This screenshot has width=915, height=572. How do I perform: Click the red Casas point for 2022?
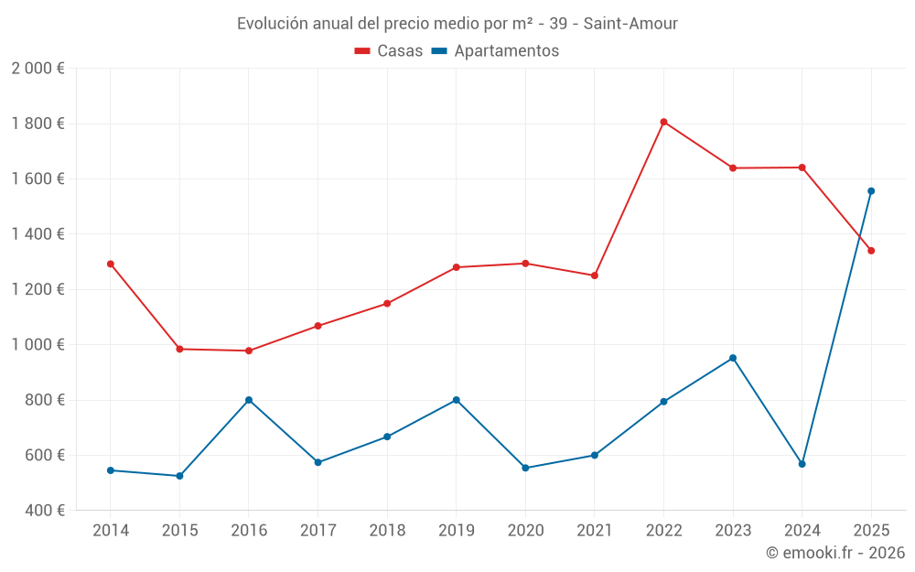(663, 122)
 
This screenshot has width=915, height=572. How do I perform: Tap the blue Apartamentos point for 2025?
(871, 191)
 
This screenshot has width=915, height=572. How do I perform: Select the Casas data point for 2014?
(111, 264)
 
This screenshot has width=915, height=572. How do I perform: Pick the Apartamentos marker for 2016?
(249, 400)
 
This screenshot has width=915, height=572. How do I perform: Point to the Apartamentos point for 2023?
(733, 358)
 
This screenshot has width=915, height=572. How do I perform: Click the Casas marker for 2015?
(179, 349)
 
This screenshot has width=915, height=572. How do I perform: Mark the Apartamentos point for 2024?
(802, 464)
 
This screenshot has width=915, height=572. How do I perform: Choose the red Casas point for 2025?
(871, 251)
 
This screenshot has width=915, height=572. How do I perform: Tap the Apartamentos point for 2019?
(457, 400)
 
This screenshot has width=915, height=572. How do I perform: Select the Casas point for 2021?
(595, 275)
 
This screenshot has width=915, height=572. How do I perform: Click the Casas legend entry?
(389, 51)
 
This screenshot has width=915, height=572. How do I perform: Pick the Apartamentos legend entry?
(495, 51)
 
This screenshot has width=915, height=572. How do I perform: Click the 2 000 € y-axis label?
(38, 69)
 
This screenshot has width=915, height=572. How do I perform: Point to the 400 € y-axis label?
(44, 511)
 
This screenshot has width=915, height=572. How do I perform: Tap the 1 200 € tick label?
(38, 289)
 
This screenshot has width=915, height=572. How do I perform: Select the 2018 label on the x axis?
(387, 531)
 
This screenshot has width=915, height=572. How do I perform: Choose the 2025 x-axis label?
(871, 531)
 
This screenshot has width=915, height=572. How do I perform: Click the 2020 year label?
(525, 531)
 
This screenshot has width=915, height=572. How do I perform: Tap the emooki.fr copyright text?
(835, 553)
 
